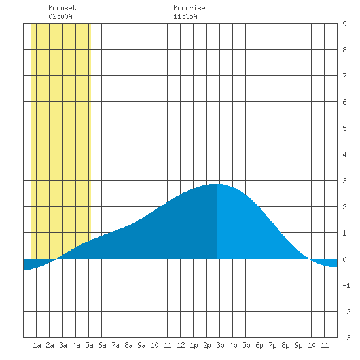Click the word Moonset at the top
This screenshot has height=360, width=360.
62,8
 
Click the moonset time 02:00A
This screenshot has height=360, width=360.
60,16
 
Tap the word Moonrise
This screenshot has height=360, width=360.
189,8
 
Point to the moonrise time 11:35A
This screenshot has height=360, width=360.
185,16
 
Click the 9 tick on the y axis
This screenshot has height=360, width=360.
344,24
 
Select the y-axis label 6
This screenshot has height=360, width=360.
344,102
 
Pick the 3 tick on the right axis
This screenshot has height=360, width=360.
344,181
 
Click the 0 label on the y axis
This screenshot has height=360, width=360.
344,259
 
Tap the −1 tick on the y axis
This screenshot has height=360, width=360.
346,285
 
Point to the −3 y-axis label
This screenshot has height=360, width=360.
346,338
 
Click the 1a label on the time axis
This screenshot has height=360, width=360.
37,345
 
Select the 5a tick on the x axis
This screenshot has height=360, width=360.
89,345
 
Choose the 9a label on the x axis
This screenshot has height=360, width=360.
141,345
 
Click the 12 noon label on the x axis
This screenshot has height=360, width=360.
181,345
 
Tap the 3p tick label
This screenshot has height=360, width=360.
220,345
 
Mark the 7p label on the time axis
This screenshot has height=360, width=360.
272,345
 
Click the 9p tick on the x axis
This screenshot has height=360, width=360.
298,345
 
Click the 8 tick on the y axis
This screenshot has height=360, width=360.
344,50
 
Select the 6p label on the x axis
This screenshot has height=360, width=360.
259,345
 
